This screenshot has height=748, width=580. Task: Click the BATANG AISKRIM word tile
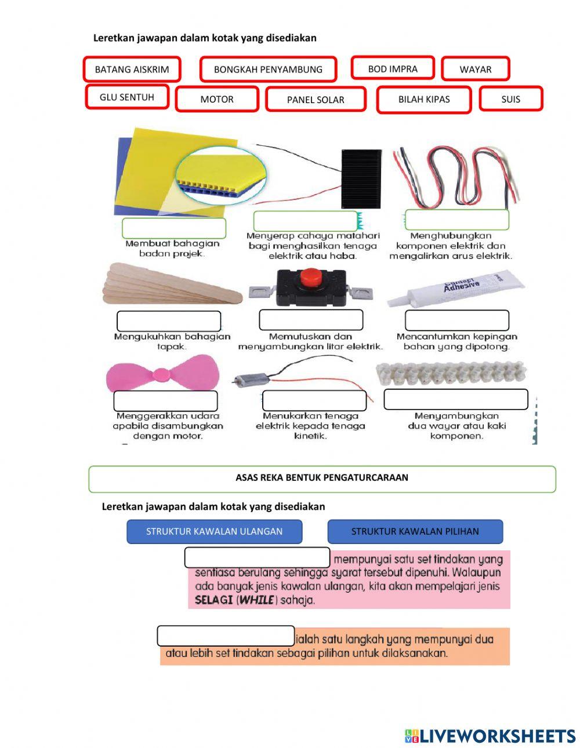[132, 70]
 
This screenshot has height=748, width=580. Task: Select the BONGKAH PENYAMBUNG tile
[268, 70]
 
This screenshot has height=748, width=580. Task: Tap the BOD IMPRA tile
[393, 68]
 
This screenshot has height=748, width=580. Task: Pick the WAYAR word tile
[475, 70]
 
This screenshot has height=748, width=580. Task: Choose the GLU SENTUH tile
[127, 97]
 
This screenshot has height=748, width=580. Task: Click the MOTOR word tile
[217, 99]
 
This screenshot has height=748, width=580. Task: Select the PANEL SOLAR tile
[316, 100]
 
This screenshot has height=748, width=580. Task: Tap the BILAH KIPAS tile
[424, 99]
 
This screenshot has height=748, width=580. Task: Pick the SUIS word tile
[510, 99]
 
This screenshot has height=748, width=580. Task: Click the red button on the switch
[311, 276]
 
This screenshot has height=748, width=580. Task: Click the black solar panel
[361, 178]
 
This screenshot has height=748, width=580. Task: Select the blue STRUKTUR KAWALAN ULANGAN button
[214, 531]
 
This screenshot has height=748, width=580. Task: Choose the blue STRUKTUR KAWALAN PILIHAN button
[415, 531]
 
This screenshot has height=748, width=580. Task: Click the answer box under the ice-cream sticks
[169, 321]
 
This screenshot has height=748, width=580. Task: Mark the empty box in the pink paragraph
[257, 557]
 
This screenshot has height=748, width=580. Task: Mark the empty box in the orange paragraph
[226, 636]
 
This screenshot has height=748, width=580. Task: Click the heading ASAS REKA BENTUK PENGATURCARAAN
[322, 478]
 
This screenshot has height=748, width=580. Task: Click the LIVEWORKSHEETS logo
[490, 736]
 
